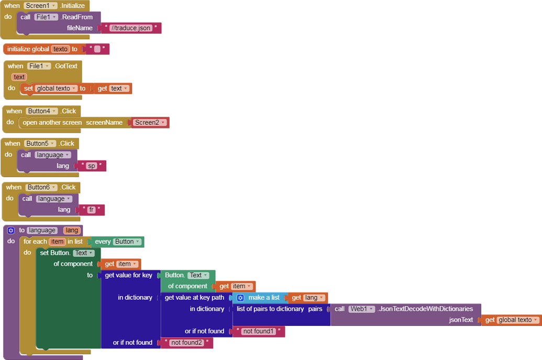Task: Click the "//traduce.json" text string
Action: [131, 28]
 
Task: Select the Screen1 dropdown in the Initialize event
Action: [40, 5]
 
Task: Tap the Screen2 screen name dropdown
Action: [150, 123]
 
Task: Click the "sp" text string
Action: [92, 166]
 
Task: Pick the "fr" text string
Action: [91, 210]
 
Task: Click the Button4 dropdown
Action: [41, 111]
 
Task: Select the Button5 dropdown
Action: [41, 144]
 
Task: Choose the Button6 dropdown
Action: [41, 187]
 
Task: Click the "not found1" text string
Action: [259, 331]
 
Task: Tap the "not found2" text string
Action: [186, 343]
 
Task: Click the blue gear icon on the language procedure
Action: [11, 231]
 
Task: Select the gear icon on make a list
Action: [240, 298]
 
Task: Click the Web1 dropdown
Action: [362, 309]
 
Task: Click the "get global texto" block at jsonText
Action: [511, 320]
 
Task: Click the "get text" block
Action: [113, 89]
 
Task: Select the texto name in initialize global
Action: [60, 49]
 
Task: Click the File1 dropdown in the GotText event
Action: [39, 66]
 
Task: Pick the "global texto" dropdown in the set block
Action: [57, 89]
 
